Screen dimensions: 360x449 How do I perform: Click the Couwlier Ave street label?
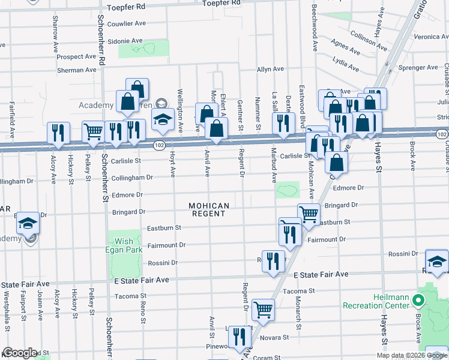click(x=127, y=24)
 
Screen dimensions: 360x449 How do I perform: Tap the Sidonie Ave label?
click(x=125, y=41)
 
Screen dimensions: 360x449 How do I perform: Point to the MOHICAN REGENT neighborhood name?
click(x=209, y=210)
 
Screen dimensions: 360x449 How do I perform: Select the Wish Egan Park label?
click(x=124, y=245)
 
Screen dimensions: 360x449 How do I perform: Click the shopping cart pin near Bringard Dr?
click(x=308, y=214)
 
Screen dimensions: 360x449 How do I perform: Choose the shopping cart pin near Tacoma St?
click(x=263, y=310)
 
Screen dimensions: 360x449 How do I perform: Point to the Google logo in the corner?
click(x=20, y=353)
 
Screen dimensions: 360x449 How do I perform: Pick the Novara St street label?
click(x=275, y=338)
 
